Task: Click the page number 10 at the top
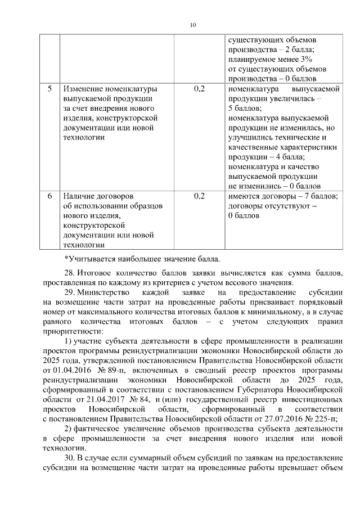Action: point(193,25)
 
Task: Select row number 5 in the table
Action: point(49,89)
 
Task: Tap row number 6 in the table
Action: point(49,196)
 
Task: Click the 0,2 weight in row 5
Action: point(199,89)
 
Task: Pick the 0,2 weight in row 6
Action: point(199,196)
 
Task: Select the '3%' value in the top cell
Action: point(310,59)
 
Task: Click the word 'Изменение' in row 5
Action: point(84,89)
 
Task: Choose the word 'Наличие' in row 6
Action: point(80,196)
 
